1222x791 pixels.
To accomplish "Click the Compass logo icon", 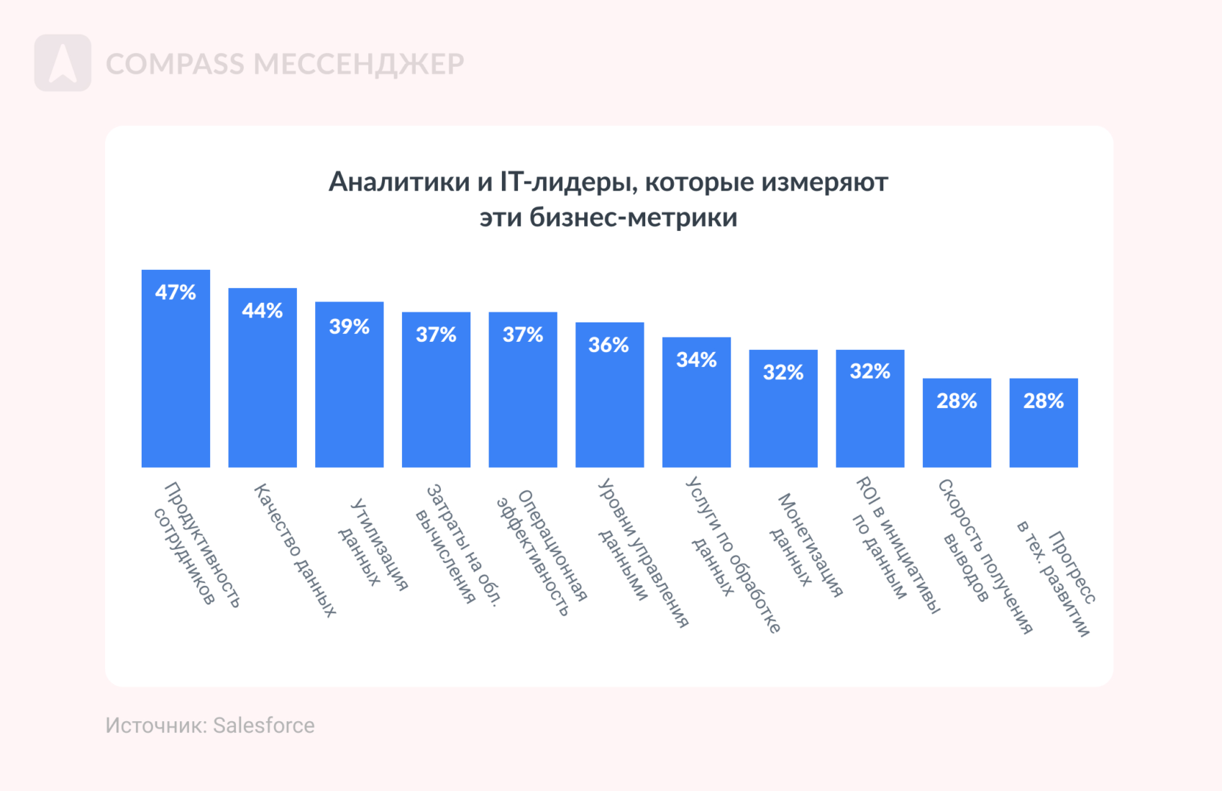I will pyautogui.click(x=63, y=63).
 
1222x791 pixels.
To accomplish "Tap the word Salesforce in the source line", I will pyautogui.click(x=263, y=725).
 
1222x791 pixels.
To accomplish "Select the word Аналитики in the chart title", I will pyautogui.click(x=398, y=182).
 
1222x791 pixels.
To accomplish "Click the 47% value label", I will pyautogui.click(x=175, y=292).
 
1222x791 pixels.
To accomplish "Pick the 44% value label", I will pyautogui.click(x=263, y=311).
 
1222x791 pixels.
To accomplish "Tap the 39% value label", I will pyautogui.click(x=350, y=327).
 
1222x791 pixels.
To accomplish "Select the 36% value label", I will pyautogui.click(x=609, y=345).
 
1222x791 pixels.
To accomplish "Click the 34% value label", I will pyautogui.click(x=696, y=360).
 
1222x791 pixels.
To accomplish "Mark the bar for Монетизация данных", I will pyautogui.click(x=783, y=425).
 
